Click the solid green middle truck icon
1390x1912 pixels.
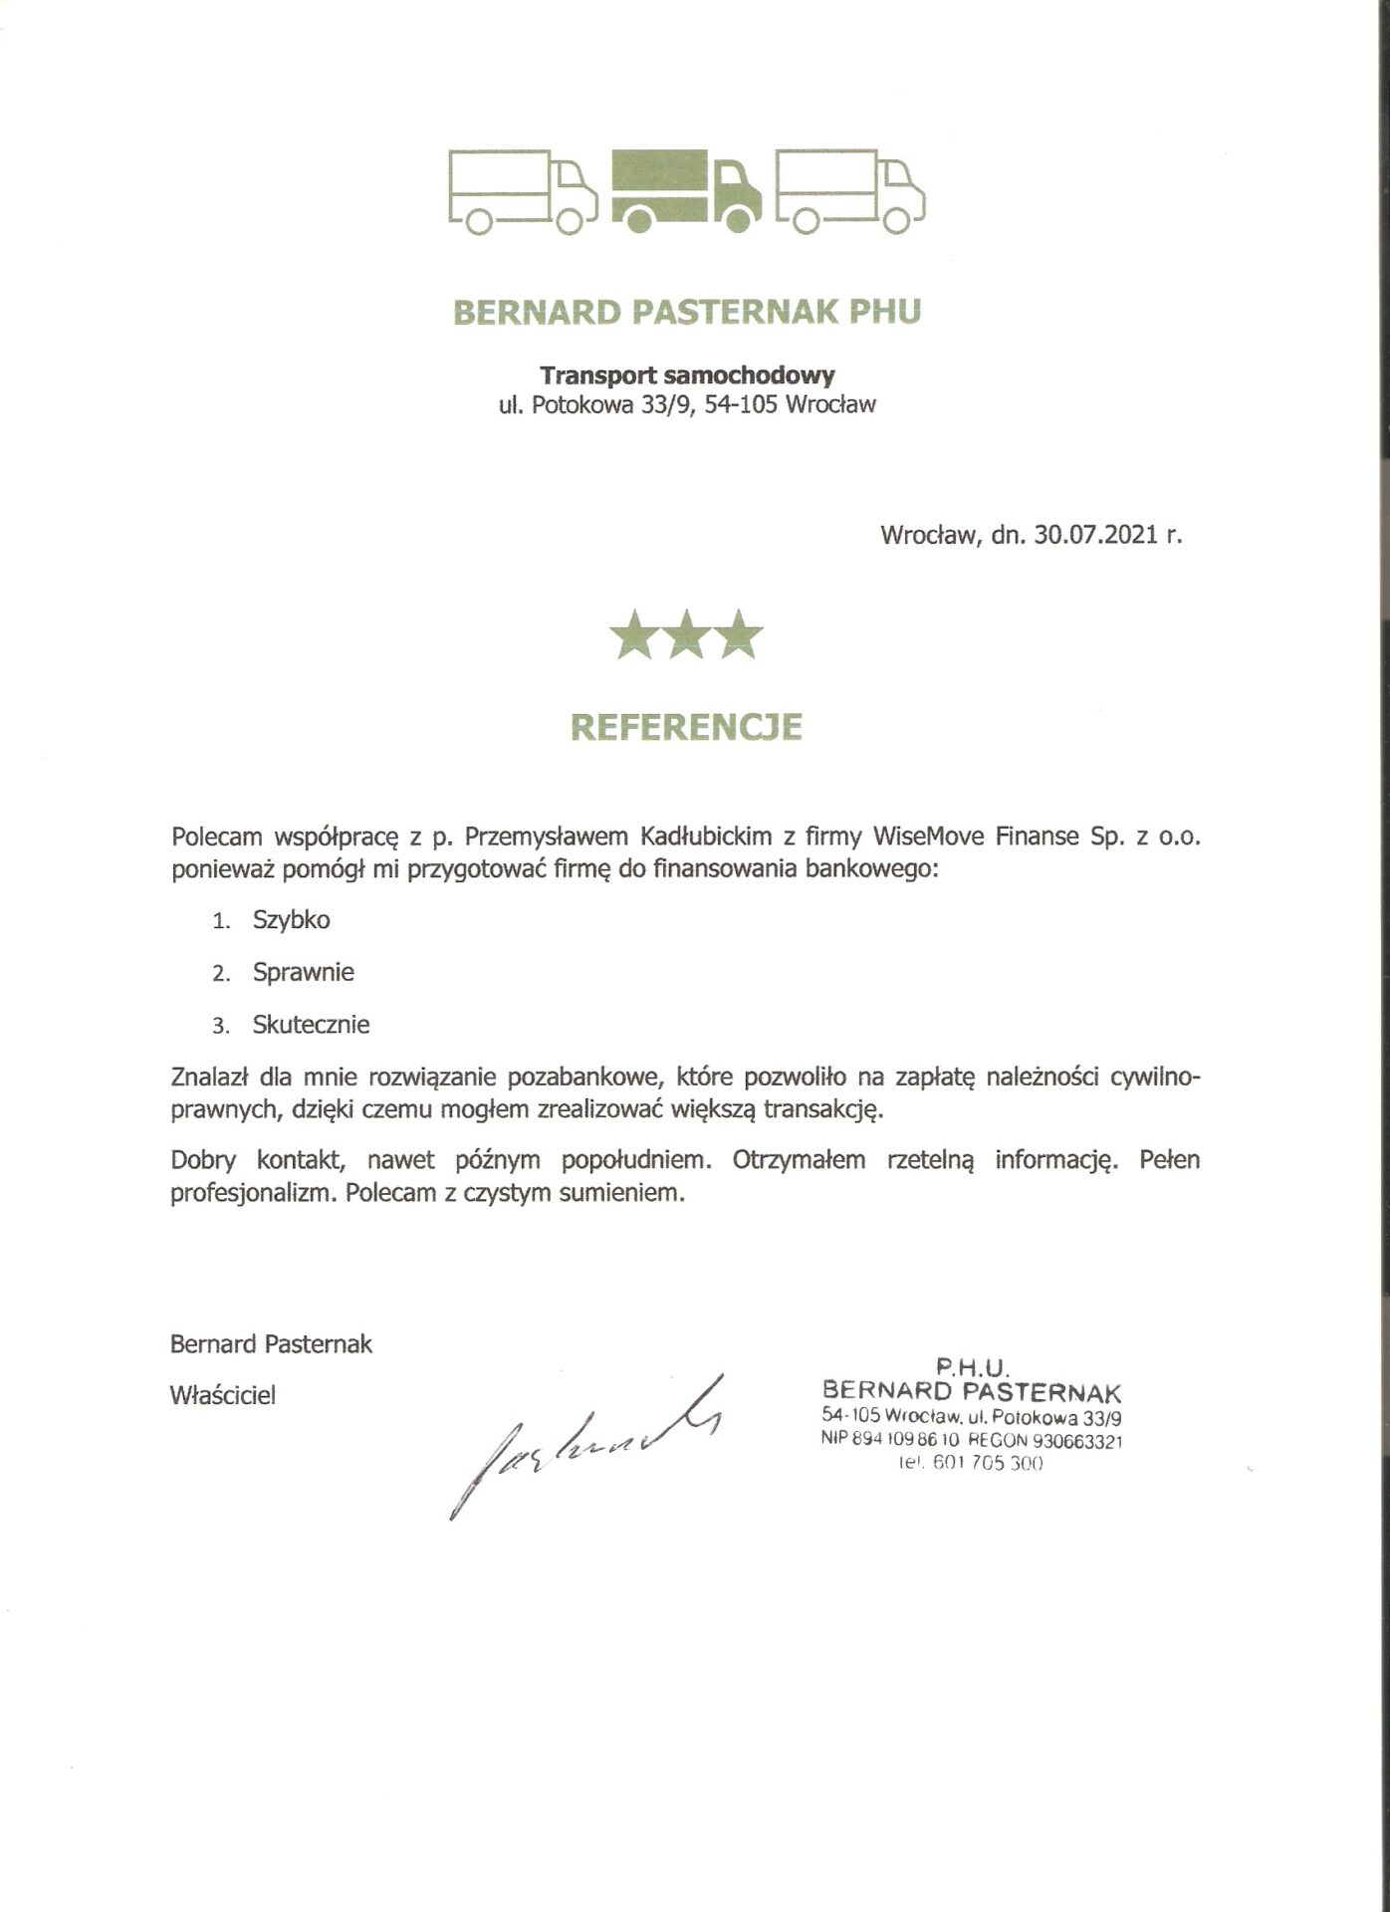686,190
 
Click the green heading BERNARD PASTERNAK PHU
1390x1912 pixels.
687,313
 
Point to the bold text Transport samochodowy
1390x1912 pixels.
687,375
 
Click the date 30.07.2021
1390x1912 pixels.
1095,535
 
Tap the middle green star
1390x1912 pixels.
686,634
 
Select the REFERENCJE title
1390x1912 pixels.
686,727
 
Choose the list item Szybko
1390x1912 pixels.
291,919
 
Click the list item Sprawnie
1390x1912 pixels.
303,972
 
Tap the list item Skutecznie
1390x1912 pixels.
311,1025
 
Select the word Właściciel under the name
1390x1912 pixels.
222,1395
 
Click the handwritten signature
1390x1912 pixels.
587,1444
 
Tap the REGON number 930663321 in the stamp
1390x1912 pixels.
1078,1441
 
